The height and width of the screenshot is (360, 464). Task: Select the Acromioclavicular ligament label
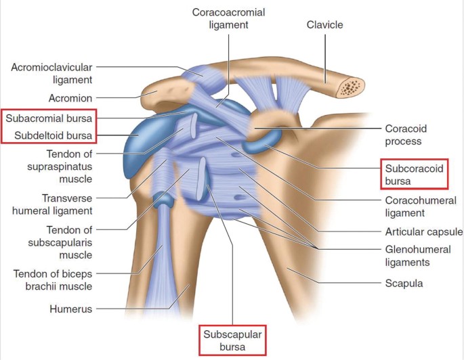51,73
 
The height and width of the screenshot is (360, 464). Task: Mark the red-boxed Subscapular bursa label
232,340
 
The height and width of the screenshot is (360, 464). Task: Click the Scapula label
403,284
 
